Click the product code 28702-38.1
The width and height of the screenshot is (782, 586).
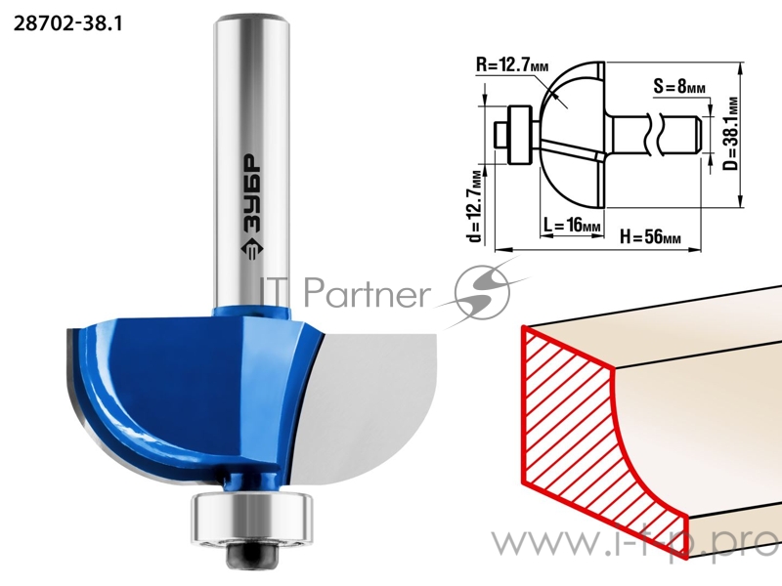[67, 23]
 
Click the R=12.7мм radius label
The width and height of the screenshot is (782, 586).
[511, 64]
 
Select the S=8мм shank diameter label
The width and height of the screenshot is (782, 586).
[679, 87]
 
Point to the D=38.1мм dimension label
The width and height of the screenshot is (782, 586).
[730, 134]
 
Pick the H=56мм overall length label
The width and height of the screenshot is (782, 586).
[650, 236]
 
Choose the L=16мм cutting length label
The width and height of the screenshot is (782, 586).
[572, 226]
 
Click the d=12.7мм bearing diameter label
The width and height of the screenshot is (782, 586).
[476, 207]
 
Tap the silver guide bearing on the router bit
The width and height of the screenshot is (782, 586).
[252, 517]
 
